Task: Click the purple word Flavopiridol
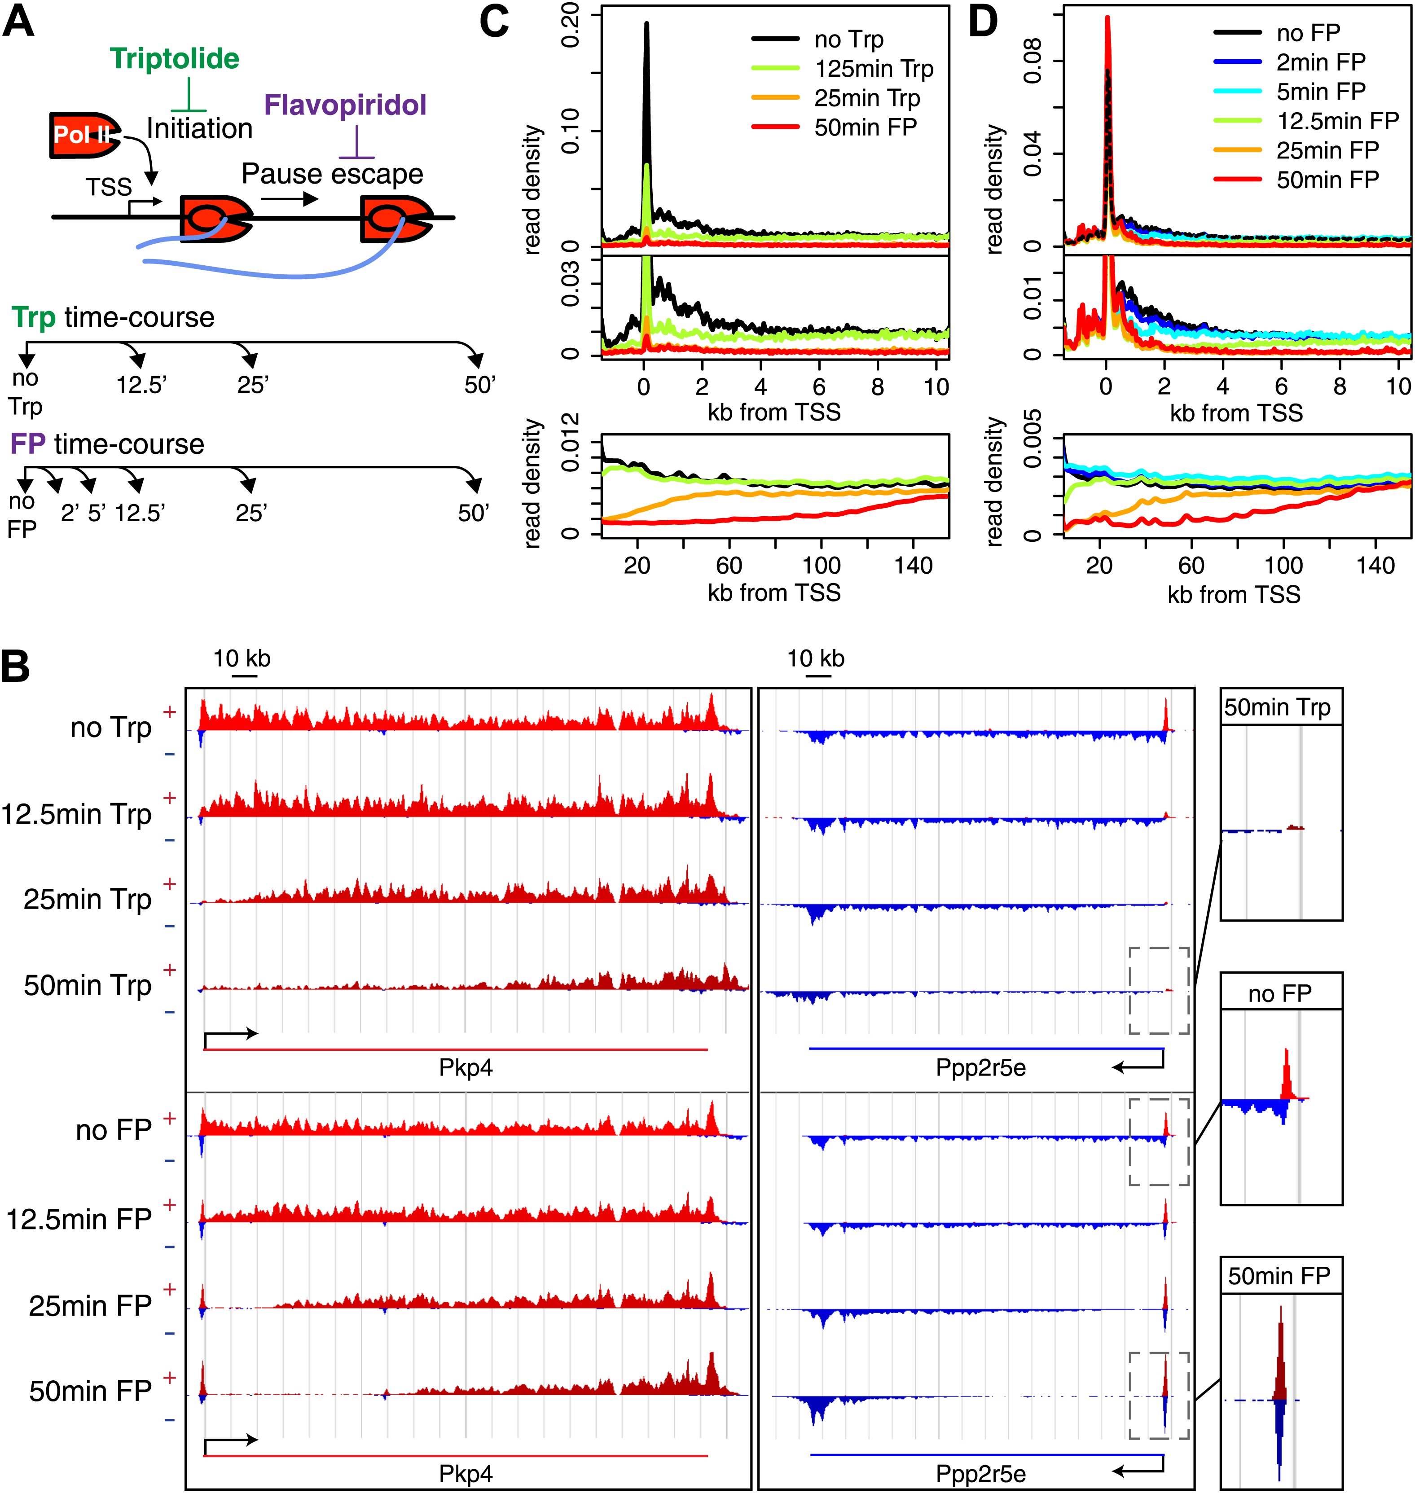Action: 346,105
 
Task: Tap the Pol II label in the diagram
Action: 81,135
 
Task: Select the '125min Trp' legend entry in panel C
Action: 874,69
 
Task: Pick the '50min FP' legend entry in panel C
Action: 865,127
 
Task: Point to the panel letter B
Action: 17,667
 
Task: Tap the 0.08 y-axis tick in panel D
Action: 1033,61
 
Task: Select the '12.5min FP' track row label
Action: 79,1219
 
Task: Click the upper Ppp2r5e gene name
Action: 980,1068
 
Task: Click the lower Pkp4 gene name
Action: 466,1473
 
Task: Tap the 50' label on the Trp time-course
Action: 480,385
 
